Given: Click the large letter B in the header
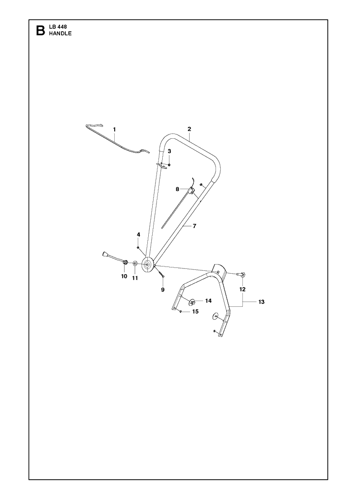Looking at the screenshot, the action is pyautogui.click(x=40, y=30).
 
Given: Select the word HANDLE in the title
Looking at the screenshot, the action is pyautogui.click(x=60, y=34).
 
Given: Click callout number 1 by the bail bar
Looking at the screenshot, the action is pyautogui.click(x=114, y=130).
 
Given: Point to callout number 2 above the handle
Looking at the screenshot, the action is pyautogui.click(x=189, y=129).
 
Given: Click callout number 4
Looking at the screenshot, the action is pyautogui.click(x=139, y=235).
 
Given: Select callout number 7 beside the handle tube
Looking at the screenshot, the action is pyautogui.click(x=194, y=226).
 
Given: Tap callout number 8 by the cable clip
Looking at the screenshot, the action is pyautogui.click(x=178, y=189).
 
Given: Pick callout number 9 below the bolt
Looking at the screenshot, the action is pyautogui.click(x=163, y=290).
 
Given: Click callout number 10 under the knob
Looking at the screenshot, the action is pyautogui.click(x=124, y=276).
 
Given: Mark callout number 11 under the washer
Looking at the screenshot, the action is pyautogui.click(x=135, y=278).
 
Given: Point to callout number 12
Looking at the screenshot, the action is pyautogui.click(x=242, y=289).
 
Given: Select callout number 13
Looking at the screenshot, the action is pyautogui.click(x=261, y=302).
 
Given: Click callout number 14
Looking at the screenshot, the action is pyautogui.click(x=208, y=301).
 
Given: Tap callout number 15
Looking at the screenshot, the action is pyautogui.click(x=195, y=312).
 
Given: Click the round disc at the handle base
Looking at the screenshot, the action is pyautogui.click(x=148, y=265).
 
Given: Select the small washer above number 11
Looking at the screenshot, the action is pyautogui.click(x=135, y=264).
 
